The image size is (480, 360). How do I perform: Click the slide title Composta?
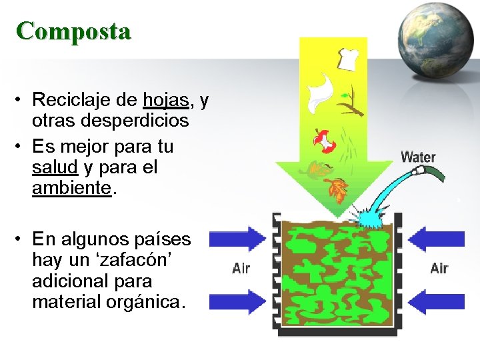tap(74, 31)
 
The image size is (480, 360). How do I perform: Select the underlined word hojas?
tap(166, 100)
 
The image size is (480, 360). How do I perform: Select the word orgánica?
tap(142, 302)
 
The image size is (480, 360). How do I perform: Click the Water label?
tap(418, 158)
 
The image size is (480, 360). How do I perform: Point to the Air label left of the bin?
tap(241, 269)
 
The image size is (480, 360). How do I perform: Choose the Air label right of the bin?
tap(439, 268)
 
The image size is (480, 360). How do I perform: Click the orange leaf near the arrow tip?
tap(339, 191)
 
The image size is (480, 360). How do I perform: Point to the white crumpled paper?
tap(319, 92)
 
